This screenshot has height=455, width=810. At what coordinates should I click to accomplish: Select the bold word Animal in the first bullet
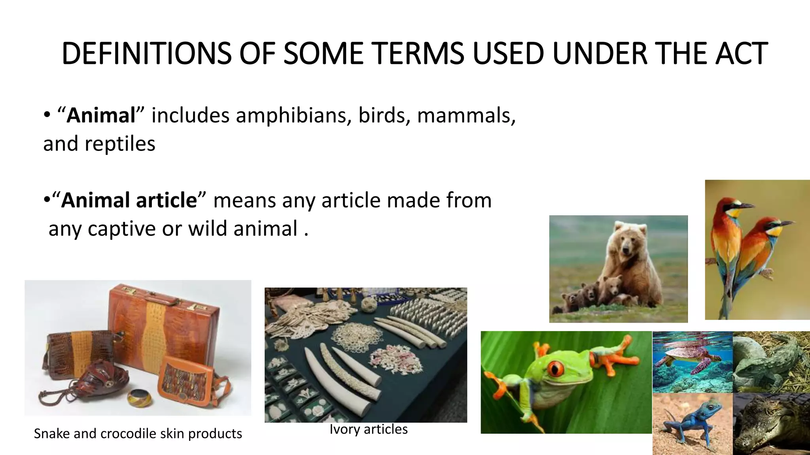pos(101,115)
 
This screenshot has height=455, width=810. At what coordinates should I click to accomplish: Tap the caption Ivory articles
pos(368,429)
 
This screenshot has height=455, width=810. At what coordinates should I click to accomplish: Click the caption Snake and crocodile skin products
pos(138,434)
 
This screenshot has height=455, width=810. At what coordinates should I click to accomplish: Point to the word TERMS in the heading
pos(417,54)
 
